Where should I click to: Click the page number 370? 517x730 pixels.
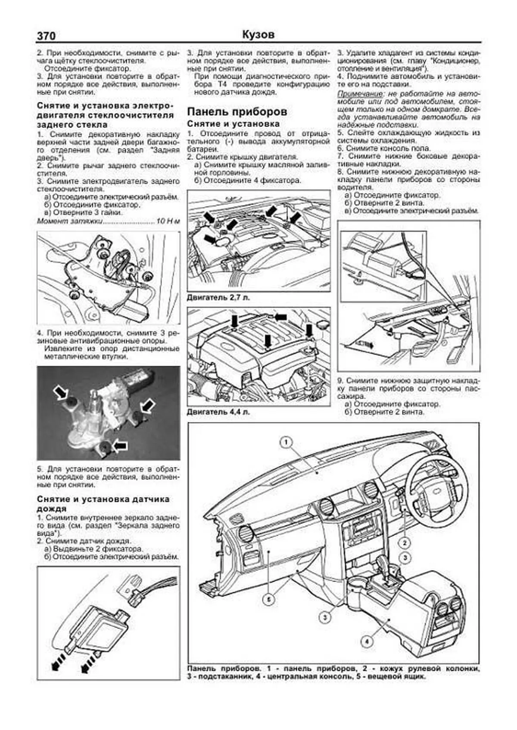(x=46, y=36)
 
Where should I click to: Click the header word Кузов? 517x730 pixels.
(x=258, y=35)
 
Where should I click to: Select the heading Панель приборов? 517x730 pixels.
(x=237, y=112)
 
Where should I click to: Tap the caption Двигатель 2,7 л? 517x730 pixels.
(x=218, y=297)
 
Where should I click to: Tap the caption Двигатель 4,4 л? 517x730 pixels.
(x=218, y=412)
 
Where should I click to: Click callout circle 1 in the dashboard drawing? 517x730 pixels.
(x=287, y=442)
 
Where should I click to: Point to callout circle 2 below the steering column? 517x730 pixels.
(x=405, y=542)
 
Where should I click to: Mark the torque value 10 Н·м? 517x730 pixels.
(x=168, y=221)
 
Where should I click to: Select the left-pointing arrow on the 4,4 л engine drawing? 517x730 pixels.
(x=280, y=317)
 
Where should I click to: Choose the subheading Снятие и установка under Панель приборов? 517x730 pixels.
(x=233, y=124)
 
